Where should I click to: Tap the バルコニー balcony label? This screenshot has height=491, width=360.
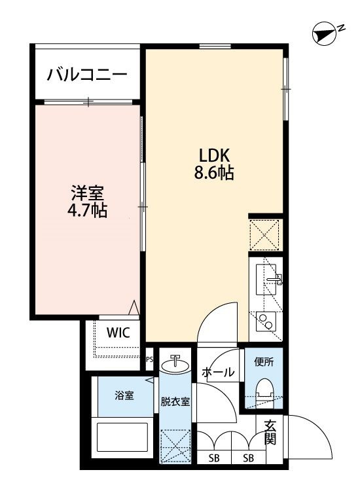tap(86, 75)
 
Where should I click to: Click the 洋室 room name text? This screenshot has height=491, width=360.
tap(87, 194)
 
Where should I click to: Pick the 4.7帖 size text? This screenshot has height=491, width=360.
tap(88, 211)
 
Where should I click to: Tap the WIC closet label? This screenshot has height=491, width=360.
tap(118, 332)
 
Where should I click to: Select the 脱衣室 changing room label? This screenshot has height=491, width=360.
tap(175, 401)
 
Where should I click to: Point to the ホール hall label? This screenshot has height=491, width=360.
tap(218, 373)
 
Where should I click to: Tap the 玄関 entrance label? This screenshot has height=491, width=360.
tap(270, 432)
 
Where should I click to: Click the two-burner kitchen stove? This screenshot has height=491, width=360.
tap(266, 320)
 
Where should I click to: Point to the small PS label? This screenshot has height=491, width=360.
tap(149, 359)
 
